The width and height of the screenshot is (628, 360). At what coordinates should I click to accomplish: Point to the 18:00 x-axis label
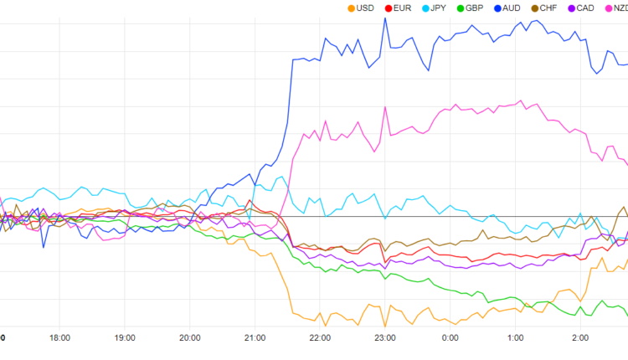(x=59, y=338)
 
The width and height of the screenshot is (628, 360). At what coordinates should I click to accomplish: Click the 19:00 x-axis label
(x=125, y=338)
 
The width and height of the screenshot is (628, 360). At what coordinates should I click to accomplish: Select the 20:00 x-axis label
(x=190, y=338)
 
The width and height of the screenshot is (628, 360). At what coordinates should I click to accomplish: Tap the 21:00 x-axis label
(x=255, y=338)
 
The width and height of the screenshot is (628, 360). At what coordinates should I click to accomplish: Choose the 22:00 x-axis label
(x=320, y=338)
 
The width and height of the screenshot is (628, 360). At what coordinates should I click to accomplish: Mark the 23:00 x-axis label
(x=385, y=338)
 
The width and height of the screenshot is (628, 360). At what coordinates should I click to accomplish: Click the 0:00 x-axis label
(x=450, y=338)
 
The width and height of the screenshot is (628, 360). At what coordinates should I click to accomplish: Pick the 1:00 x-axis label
(x=515, y=338)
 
